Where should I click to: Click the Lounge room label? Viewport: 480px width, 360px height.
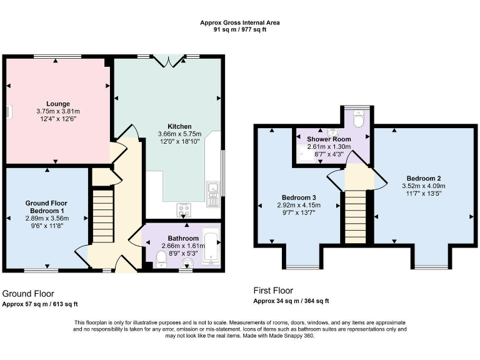(57, 104)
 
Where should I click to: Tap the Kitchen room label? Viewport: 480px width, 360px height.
(166, 126)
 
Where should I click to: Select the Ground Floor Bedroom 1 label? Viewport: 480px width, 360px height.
(46, 207)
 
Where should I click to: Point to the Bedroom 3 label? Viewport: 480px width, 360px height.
(303, 197)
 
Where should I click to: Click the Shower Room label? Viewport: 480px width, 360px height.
(329, 139)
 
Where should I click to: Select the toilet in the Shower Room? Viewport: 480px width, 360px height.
(357, 118)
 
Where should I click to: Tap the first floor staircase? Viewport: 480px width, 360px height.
(354, 217)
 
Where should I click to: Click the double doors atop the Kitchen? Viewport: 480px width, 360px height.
(169, 60)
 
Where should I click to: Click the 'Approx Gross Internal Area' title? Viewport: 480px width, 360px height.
(239, 22)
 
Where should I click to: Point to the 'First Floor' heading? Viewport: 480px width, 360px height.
(273, 291)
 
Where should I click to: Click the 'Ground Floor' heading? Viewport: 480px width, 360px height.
(28, 293)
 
